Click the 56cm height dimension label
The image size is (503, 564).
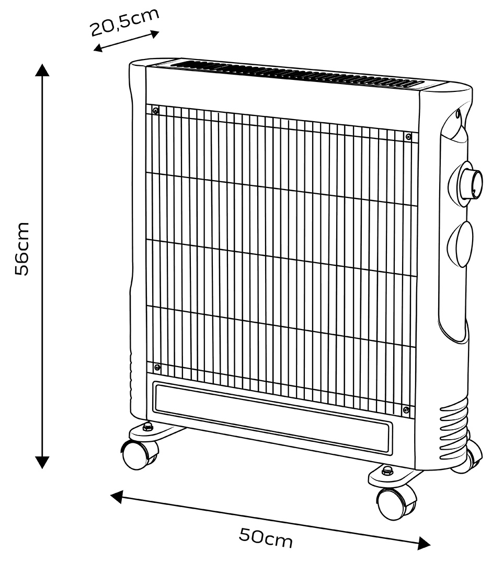click(x=22, y=249)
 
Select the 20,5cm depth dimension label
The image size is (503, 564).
click(x=124, y=21)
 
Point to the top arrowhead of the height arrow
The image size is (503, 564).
click(x=42, y=70)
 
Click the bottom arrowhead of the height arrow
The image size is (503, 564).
click(x=42, y=462)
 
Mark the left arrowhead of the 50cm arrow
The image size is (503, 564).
click(x=117, y=497)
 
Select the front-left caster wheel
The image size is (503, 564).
click(x=139, y=454)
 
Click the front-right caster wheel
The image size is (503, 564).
click(x=396, y=502)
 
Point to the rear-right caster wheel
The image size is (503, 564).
click(x=468, y=456)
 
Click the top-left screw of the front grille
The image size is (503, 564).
click(x=155, y=111)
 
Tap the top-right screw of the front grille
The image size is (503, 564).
click(x=408, y=136)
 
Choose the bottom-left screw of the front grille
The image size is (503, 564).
click(x=157, y=367)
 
